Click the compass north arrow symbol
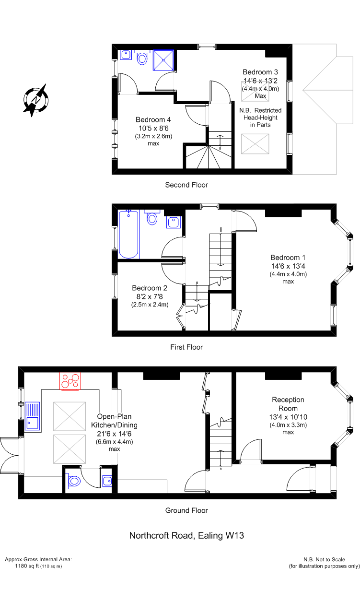pos(35,100)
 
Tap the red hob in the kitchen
pos(70,381)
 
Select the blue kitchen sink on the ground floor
pos(33,416)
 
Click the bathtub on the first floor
pos(129,234)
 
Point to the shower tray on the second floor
pos(163,60)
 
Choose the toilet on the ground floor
pos(73,481)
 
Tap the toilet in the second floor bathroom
pos(142,57)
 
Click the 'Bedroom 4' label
pos(153,119)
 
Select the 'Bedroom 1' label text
pos(288,258)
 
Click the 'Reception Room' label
pos(288,404)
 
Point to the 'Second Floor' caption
pos(186,185)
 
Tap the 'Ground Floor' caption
pos(186,510)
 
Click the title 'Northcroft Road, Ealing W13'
pos(186,536)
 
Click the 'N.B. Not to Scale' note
pos(324,560)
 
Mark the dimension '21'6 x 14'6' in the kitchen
pos(114,434)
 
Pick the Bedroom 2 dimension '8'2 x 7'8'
pos(150,296)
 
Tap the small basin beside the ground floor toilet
pos(107,481)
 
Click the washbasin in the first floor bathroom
pos(173,222)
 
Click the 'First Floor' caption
pos(186,347)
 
